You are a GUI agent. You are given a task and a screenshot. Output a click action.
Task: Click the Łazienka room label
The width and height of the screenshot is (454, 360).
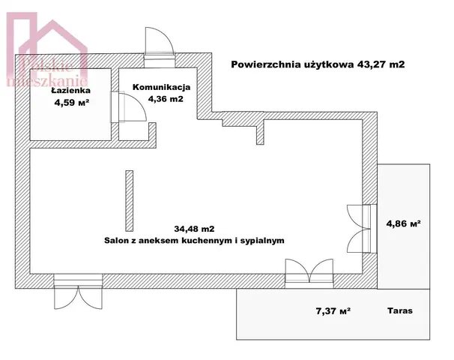click(71, 90)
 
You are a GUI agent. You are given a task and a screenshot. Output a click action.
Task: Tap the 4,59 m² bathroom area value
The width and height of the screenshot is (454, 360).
click(71, 102)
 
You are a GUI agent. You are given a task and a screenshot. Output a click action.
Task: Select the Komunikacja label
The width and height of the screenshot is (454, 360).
click(162, 87)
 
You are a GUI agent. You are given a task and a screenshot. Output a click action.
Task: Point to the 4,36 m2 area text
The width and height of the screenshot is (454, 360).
click(166, 99)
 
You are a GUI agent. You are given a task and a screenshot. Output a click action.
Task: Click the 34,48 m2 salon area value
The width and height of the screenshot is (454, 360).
click(194, 229)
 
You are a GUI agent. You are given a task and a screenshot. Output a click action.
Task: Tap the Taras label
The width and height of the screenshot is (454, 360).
click(400, 310)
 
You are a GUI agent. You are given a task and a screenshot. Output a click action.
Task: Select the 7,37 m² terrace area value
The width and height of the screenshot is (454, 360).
click(333, 311)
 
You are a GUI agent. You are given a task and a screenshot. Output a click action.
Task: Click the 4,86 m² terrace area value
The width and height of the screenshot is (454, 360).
click(404, 223)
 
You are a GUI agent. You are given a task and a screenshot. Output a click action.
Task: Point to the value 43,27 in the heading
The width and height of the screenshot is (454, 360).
click(372, 64)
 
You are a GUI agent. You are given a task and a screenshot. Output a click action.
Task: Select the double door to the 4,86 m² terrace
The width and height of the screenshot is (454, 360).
click(361, 229)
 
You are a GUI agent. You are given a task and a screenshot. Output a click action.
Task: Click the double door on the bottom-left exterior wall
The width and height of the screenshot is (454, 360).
click(78, 292)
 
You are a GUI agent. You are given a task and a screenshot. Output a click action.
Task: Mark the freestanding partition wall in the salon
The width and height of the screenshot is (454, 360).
click(130, 200)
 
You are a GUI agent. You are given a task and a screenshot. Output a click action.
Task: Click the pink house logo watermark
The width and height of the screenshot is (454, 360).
click(47, 49)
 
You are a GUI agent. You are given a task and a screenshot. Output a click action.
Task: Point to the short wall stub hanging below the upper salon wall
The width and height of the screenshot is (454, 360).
click(260, 132)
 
